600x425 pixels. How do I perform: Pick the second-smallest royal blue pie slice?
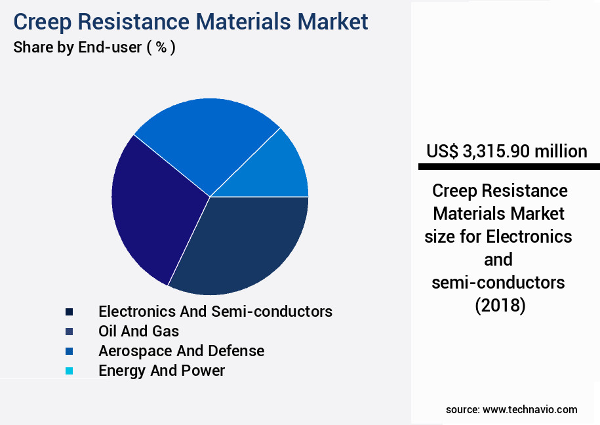click(203, 141)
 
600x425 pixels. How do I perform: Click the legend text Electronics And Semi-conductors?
click(215, 311)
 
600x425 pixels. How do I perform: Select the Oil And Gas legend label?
click(138, 331)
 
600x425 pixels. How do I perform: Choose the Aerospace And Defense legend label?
click(181, 351)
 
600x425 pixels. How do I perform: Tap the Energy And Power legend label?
click(161, 371)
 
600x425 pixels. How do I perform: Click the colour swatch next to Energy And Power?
click(69, 371)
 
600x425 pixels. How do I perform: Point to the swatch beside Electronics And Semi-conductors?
click(69, 312)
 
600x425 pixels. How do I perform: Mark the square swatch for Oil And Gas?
click(69, 331)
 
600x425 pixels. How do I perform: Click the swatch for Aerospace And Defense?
click(69, 352)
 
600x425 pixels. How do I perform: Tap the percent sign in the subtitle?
click(160, 48)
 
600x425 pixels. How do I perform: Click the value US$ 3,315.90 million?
click(506, 152)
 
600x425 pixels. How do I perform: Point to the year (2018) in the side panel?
click(500, 305)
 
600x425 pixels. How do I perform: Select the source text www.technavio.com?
click(530, 409)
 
